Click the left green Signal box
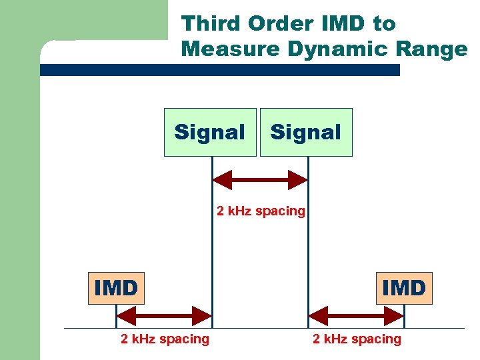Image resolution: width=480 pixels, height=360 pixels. pyautogui.click(x=210, y=132)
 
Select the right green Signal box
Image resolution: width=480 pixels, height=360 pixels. pyautogui.click(x=306, y=132)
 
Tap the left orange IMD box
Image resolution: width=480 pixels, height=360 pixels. pyautogui.click(x=116, y=288)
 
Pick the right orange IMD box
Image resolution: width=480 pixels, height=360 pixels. pyautogui.click(x=404, y=288)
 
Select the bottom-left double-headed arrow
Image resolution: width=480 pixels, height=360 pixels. pyautogui.click(x=164, y=315)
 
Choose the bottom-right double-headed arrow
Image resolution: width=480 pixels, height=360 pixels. pyautogui.click(x=356, y=315)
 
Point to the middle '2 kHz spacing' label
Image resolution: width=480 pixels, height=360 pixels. pyautogui.click(x=261, y=211)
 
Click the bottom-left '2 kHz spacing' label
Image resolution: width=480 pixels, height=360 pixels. pyautogui.click(x=165, y=339)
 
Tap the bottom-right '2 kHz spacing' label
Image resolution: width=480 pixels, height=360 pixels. pyautogui.click(x=357, y=339)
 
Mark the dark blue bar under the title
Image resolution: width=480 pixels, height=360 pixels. pyautogui.click(x=220, y=70)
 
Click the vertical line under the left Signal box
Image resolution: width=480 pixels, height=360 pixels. pyautogui.click(x=212, y=253)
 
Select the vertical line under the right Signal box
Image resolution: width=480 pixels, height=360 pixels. pyautogui.click(x=308, y=253)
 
